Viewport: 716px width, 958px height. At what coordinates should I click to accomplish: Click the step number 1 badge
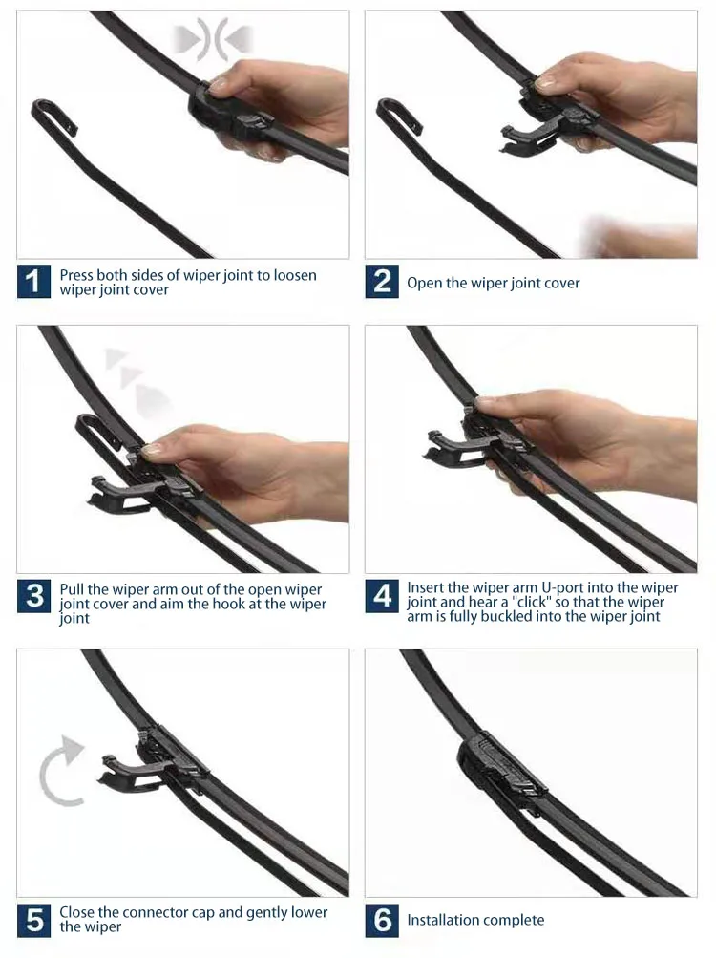(33, 282)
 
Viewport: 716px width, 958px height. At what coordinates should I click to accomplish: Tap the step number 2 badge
(382, 282)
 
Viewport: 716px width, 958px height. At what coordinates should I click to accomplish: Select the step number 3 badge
(34, 596)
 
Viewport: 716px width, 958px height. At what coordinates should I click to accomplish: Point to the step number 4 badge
(382, 596)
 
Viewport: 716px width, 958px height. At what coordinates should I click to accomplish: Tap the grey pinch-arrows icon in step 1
(212, 40)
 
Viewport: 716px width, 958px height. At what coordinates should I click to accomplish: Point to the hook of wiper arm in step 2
(397, 112)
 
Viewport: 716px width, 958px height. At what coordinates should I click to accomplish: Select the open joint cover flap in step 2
(524, 138)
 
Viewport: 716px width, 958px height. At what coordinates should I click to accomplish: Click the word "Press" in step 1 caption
(76, 275)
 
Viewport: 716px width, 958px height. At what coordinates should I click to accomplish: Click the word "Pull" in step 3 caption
(72, 589)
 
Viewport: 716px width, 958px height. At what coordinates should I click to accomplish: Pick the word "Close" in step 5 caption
(77, 912)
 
